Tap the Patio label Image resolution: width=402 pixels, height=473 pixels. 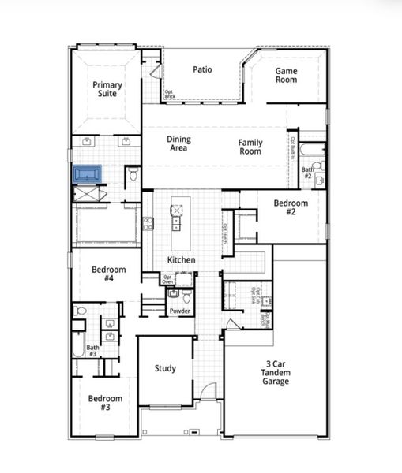point(202,69)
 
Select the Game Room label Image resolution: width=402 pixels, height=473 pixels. point(286,75)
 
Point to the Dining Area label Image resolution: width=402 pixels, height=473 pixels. point(178,143)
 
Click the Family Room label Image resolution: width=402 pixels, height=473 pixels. point(250,146)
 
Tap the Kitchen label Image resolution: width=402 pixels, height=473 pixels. point(181,260)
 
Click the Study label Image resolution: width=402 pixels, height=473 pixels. point(165,368)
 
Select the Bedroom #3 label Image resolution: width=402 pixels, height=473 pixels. point(105,403)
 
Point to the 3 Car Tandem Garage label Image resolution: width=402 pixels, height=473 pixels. point(276,373)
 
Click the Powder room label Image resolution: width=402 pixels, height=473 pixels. point(179,311)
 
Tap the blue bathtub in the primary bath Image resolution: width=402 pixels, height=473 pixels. point(88,173)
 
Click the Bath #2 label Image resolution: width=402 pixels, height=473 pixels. point(307,171)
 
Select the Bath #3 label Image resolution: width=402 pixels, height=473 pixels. point(93,350)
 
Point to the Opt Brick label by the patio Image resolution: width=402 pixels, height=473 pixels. point(169,95)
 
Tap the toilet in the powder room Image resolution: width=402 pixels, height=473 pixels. point(186,297)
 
